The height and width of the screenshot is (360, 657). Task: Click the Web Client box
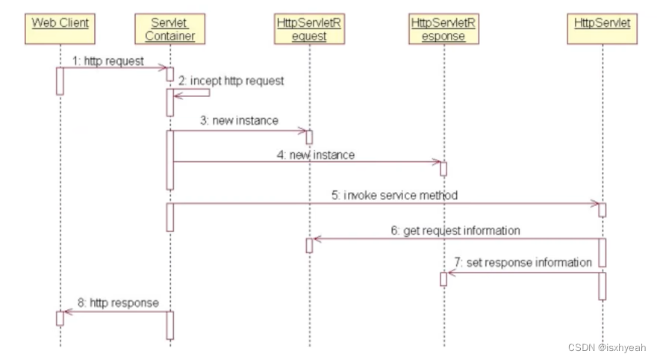click(x=60, y=28)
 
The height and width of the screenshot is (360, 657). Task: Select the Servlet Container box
click(x=169, y=28)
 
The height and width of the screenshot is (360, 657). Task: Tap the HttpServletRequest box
click(x=309, y=28)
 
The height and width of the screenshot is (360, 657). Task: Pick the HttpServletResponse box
click(x=443, y=28)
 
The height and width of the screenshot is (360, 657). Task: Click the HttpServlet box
click(x=602, y=28)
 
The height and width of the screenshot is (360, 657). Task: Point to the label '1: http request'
click(x=108, y=61)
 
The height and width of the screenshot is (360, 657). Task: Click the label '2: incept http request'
click(x=231, y=81)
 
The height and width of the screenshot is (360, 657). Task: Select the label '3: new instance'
click(x=239, y=121)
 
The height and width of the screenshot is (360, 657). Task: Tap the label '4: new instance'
click(x=316, y=155)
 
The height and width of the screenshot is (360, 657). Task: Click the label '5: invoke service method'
click(x=395, y=195)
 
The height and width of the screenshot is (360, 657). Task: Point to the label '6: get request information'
click(x=455, y=231)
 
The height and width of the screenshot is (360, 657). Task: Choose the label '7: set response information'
click(x=523, y=262)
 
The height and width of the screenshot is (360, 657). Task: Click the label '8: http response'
click(x=118, y=302)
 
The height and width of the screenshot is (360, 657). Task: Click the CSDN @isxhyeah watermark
click(x=607, y=347)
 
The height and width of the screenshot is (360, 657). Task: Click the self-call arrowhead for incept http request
click(x=176, y=96)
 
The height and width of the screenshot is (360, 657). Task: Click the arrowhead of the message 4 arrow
click(x=438, y=162)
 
